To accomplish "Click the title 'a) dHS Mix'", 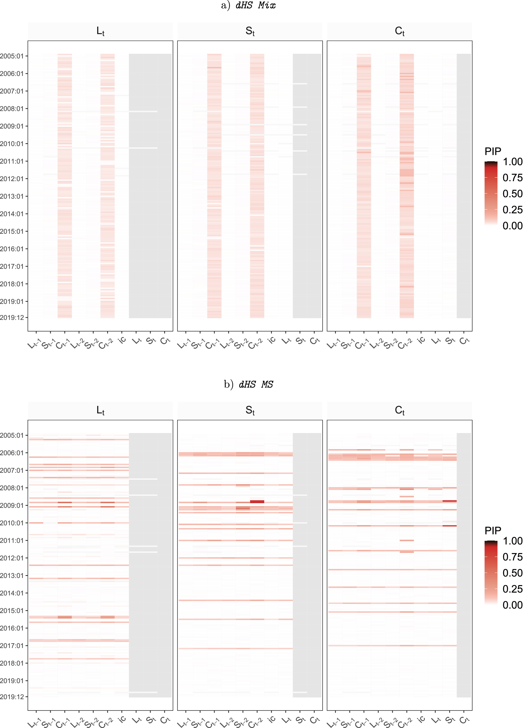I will [248, 6].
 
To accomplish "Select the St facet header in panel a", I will [250, 31].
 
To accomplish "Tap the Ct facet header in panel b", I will [399, 410].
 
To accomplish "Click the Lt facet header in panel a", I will [100, 31].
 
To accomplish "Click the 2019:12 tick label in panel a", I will [12, 318].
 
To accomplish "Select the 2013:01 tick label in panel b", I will [12, 575].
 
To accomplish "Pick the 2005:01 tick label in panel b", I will [12, 435].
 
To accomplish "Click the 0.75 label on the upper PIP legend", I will [512, 178].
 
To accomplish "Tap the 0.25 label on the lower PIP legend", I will [512, 589].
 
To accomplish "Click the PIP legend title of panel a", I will [493, 151].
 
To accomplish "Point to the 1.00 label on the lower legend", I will [512, 541].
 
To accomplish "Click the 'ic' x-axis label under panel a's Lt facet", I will [122, 340].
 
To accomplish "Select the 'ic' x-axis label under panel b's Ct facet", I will [421, 719].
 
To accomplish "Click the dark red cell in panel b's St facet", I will [257, 501].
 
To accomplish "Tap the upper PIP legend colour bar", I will [491, 193].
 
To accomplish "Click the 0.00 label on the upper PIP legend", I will [512, 226].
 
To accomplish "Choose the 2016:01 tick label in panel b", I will [12, 628].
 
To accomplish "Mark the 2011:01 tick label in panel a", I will [12, 161].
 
